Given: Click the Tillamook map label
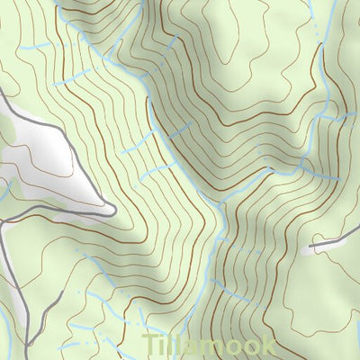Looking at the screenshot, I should click(x=209, y=346).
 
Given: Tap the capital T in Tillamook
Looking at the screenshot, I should click(x=152, y=346).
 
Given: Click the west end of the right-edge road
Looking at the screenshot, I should click(x=310, y=245).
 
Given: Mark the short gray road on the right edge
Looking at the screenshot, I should click(x=335, y=236).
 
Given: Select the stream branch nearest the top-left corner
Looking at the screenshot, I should click(x=36, y=45).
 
